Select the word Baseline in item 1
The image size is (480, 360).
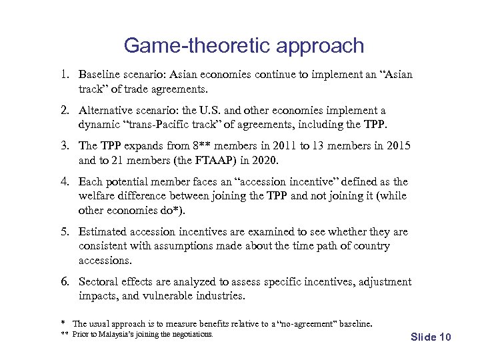pyautogui.click(x=99, y=74)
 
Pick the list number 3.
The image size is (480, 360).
pyautogui.click(x=65, y=146)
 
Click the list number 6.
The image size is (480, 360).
pyautogui.click(x=65, y=282)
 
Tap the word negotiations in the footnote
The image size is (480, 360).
pyautogui.click(x=191, y=334)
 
